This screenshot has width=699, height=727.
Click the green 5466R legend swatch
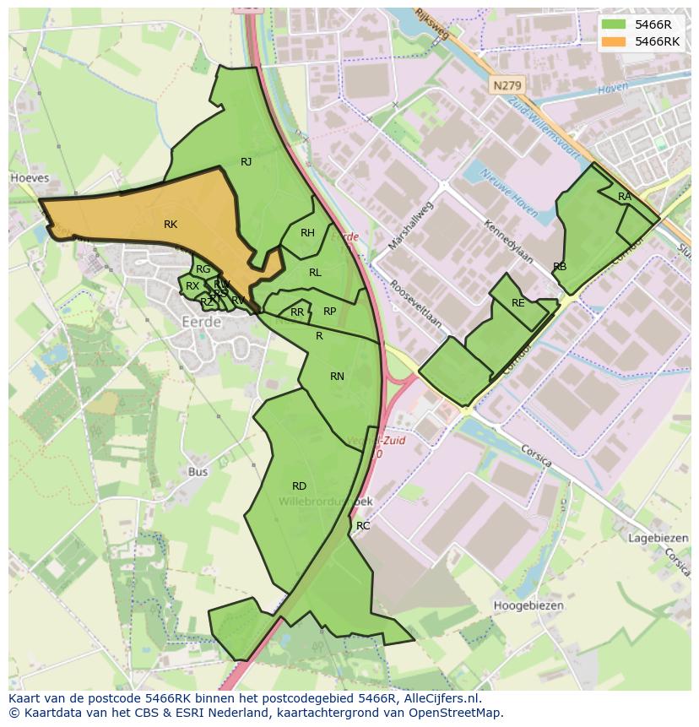(x=614, y=24)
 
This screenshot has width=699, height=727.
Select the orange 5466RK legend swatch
(x=614, y=41)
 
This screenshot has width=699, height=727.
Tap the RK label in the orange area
(x=171, y=225)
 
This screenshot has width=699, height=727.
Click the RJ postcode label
(x=246, y=162)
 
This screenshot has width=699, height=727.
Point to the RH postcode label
(x=307, y=233)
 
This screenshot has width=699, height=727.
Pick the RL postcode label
(x=315, y=273)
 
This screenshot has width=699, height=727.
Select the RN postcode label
(x=337, y=377)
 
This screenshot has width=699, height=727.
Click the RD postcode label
(x=299, y=486)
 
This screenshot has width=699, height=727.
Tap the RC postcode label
(x=363, y=526)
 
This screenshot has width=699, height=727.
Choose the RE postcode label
(x=517, y=303)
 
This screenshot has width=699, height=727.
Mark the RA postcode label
(x=624, y=197)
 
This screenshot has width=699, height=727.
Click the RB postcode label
(x=560, y=267)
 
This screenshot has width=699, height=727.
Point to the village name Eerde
(x=202, y=322)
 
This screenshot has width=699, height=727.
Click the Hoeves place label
(x=30, y=179)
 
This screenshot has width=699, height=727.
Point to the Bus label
(x=198, y=472)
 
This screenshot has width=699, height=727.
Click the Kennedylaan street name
(x=508, y=241)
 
